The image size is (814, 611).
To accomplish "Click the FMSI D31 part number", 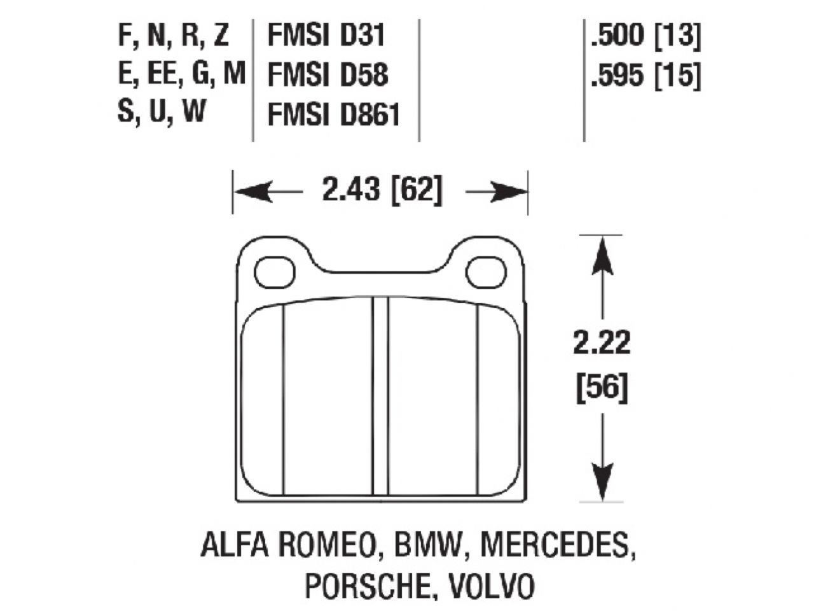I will click(326, 36).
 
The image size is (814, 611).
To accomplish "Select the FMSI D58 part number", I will click(328, 75).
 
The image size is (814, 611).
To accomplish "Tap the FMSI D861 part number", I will click(334, 115).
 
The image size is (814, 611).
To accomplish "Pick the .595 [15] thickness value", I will click(645, 76).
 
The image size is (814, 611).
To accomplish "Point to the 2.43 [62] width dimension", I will click(381, 190).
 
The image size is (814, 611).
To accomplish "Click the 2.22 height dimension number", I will click(602, 344).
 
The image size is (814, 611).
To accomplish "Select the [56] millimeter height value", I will click(602, 388).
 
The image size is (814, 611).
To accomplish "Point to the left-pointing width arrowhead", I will click(251, 191).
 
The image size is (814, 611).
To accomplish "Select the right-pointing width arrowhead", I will click(509, 191).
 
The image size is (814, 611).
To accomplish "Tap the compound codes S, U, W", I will click(162, 112).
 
